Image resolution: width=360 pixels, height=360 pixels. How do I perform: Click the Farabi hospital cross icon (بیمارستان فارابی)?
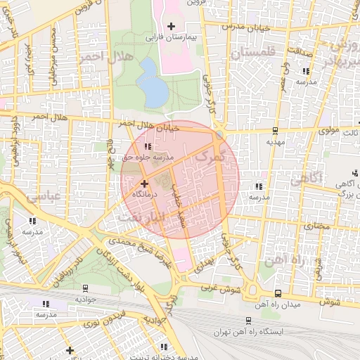(171, 26)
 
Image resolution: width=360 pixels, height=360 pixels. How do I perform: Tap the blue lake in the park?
(150, 81)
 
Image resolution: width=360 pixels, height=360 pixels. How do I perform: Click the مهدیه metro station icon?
(274, 131)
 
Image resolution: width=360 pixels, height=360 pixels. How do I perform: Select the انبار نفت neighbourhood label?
(141, 217)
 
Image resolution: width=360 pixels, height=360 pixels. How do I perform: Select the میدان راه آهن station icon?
(278, 293)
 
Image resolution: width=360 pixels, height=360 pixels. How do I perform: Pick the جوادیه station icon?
(85, 288)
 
